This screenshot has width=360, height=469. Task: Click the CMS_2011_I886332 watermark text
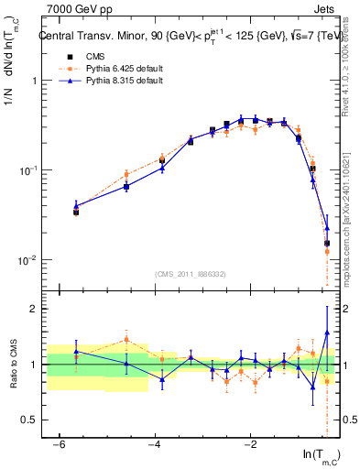(x=190, y=274)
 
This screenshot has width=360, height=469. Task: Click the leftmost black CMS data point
(x=76, y=212)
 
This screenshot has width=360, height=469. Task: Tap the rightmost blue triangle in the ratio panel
(x=327, y=333)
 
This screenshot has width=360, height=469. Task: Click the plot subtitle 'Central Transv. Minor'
(x=92, y=38)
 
